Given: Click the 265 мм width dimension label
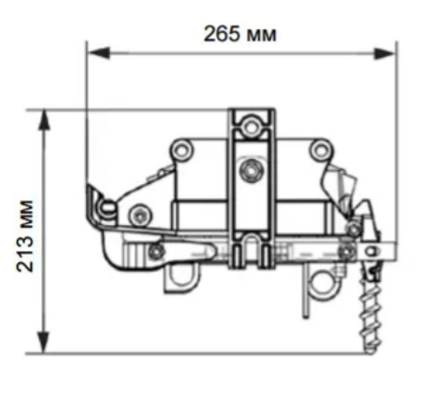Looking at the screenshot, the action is pos(240,34).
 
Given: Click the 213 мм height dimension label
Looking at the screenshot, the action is pos(25,236).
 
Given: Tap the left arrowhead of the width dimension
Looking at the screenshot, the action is pos(99,53).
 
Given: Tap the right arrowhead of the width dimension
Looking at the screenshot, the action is pos(385,54).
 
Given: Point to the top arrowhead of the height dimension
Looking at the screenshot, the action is pos(44,120).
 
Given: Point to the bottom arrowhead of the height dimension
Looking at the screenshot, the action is pos(44,342).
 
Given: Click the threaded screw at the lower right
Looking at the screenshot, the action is pos(372,310).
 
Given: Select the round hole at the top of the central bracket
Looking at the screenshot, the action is pos(250,127).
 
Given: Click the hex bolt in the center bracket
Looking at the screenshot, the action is pos(251,171).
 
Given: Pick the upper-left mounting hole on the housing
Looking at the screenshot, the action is pos(182,150).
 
